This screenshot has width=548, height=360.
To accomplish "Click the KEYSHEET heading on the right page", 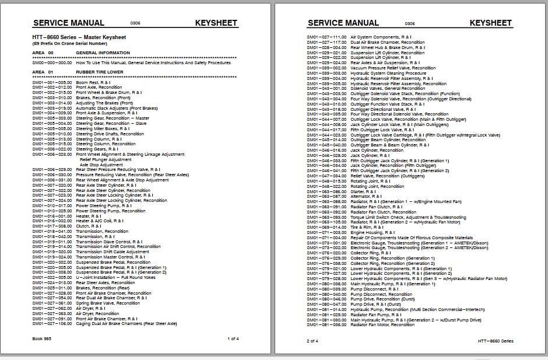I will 490,23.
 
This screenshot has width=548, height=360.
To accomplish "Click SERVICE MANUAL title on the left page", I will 69,23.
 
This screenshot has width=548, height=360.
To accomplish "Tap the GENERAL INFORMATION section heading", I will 103,53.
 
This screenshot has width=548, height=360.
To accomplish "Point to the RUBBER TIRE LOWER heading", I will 100,72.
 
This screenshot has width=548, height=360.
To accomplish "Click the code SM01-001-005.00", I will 52,83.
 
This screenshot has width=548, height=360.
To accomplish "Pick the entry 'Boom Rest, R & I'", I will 94,83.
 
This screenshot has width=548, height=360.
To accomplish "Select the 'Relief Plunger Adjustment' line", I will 106,159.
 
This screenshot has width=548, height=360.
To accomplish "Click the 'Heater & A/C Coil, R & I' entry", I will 100,221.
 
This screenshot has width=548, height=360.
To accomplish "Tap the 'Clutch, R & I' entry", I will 89,226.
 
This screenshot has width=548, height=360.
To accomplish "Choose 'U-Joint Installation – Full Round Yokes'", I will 117,277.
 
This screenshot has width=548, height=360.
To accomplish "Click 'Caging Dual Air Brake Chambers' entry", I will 127,323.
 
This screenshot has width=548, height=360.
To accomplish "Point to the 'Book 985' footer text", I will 42,338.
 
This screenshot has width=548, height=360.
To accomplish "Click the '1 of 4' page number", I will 233,338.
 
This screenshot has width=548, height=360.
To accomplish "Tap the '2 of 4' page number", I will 312,341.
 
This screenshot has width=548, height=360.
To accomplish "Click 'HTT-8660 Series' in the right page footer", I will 496,341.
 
